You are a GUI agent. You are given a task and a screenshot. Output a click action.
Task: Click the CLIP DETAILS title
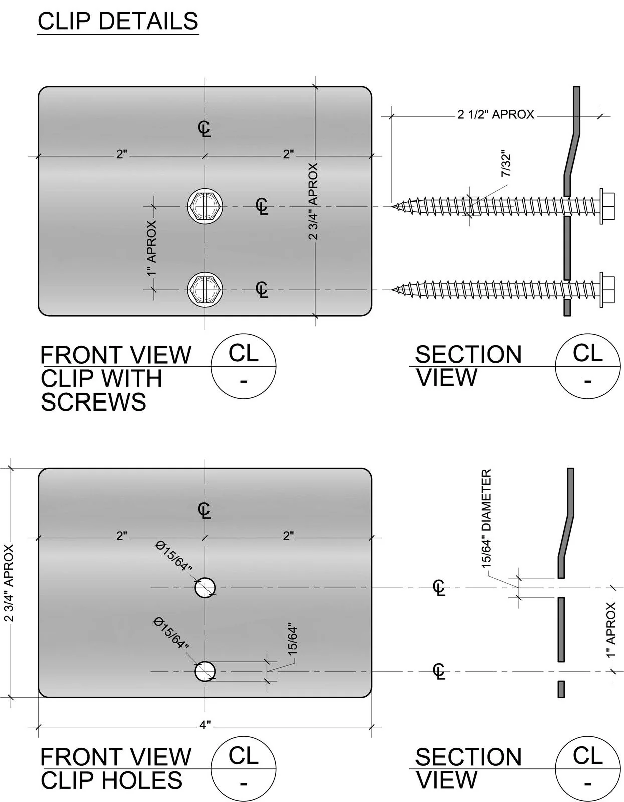click(118, 22)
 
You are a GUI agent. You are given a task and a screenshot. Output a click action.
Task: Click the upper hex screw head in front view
click(205, 206)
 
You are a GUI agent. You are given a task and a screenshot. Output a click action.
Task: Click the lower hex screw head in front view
click(205, 289)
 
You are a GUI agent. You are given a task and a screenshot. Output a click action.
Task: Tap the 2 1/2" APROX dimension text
click(495, 115)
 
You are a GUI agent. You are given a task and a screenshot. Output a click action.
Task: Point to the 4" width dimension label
click(205, 725)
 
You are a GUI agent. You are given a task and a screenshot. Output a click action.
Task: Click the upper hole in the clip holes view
click(205, 587)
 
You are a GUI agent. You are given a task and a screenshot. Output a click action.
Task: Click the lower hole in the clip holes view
click(205, 671)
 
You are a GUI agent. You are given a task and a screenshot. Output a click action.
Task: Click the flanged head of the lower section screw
click(606, 289)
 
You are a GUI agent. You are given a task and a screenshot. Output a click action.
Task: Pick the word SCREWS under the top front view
click(93, 402)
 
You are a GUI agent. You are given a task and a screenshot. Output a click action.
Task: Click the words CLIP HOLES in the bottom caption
click(111, 781)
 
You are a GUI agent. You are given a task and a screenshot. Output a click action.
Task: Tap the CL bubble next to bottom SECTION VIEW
click(587, 768)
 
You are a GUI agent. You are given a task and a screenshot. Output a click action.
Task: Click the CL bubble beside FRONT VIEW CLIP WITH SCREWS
click(244, 366)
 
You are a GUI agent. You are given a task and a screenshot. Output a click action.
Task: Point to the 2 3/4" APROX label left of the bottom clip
click(9, 582)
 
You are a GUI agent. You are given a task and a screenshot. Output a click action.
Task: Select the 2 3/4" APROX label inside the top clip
click(314, 201)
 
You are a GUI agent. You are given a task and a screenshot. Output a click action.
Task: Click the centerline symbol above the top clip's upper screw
click(204, 129)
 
